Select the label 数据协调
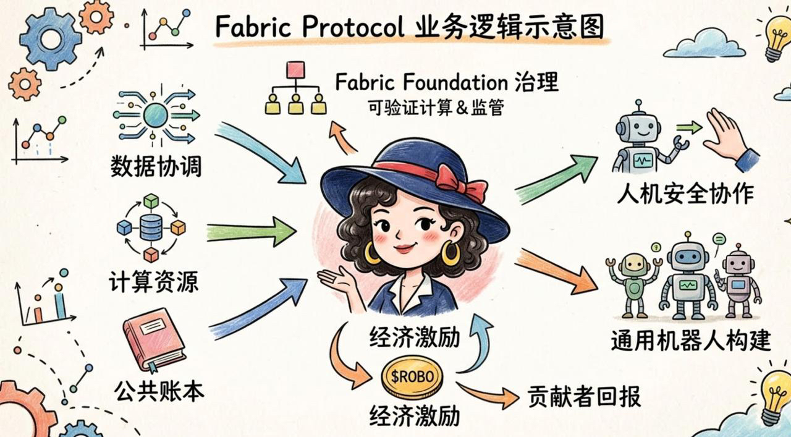click(x=156, y=166)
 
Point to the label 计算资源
click(x=153, y=282)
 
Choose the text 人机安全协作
click(x=685, y=194)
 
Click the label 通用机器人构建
click(x=691, y=340)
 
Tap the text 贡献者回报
click(x=584, y=397)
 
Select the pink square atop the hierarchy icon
click(x=295, y=69)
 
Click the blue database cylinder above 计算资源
click(x=151, y=227)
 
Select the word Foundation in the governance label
click(x=450, y=82)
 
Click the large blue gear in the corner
click(x=51, y=39)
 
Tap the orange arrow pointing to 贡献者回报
click(x=488, y=394)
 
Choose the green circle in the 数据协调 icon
click(x=155, y=115)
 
